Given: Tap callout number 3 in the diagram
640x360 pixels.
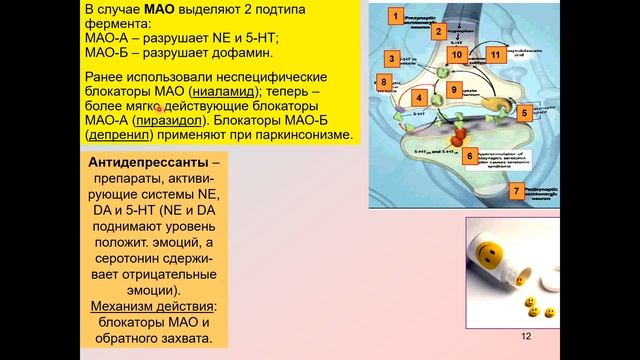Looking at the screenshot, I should tap(394, 58).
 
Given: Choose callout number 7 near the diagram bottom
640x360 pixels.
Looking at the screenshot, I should tap(516, 190).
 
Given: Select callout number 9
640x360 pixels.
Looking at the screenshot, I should tap(453, 90).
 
